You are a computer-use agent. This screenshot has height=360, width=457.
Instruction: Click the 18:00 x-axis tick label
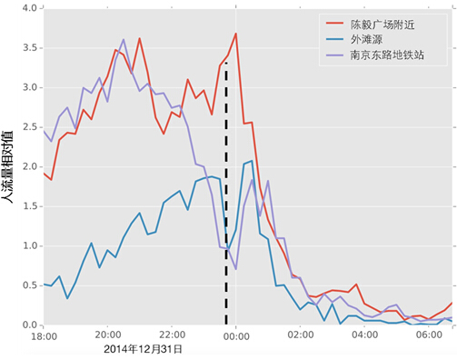point(44,335)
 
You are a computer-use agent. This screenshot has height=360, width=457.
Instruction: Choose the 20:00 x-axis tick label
point(108,335)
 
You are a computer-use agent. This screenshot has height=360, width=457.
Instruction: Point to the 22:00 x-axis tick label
point(172,335)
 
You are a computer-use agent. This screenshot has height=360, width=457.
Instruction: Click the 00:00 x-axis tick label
point(236,335)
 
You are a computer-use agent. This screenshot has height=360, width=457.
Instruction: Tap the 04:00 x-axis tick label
point(364,335)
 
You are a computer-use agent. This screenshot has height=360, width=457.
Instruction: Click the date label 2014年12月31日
point(143,348)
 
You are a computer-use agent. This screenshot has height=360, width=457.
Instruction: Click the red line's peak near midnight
point(235,34)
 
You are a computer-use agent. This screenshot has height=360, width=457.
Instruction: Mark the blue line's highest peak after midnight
point(250,162)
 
